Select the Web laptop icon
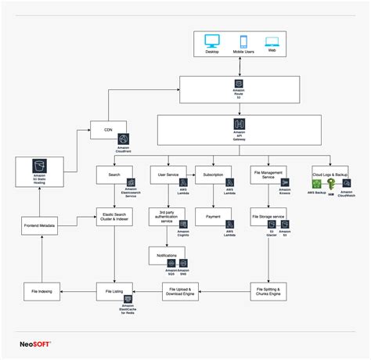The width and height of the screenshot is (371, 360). point(272,41)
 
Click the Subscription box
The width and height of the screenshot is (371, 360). point(212,175)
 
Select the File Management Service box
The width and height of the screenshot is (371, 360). point(262,175)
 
